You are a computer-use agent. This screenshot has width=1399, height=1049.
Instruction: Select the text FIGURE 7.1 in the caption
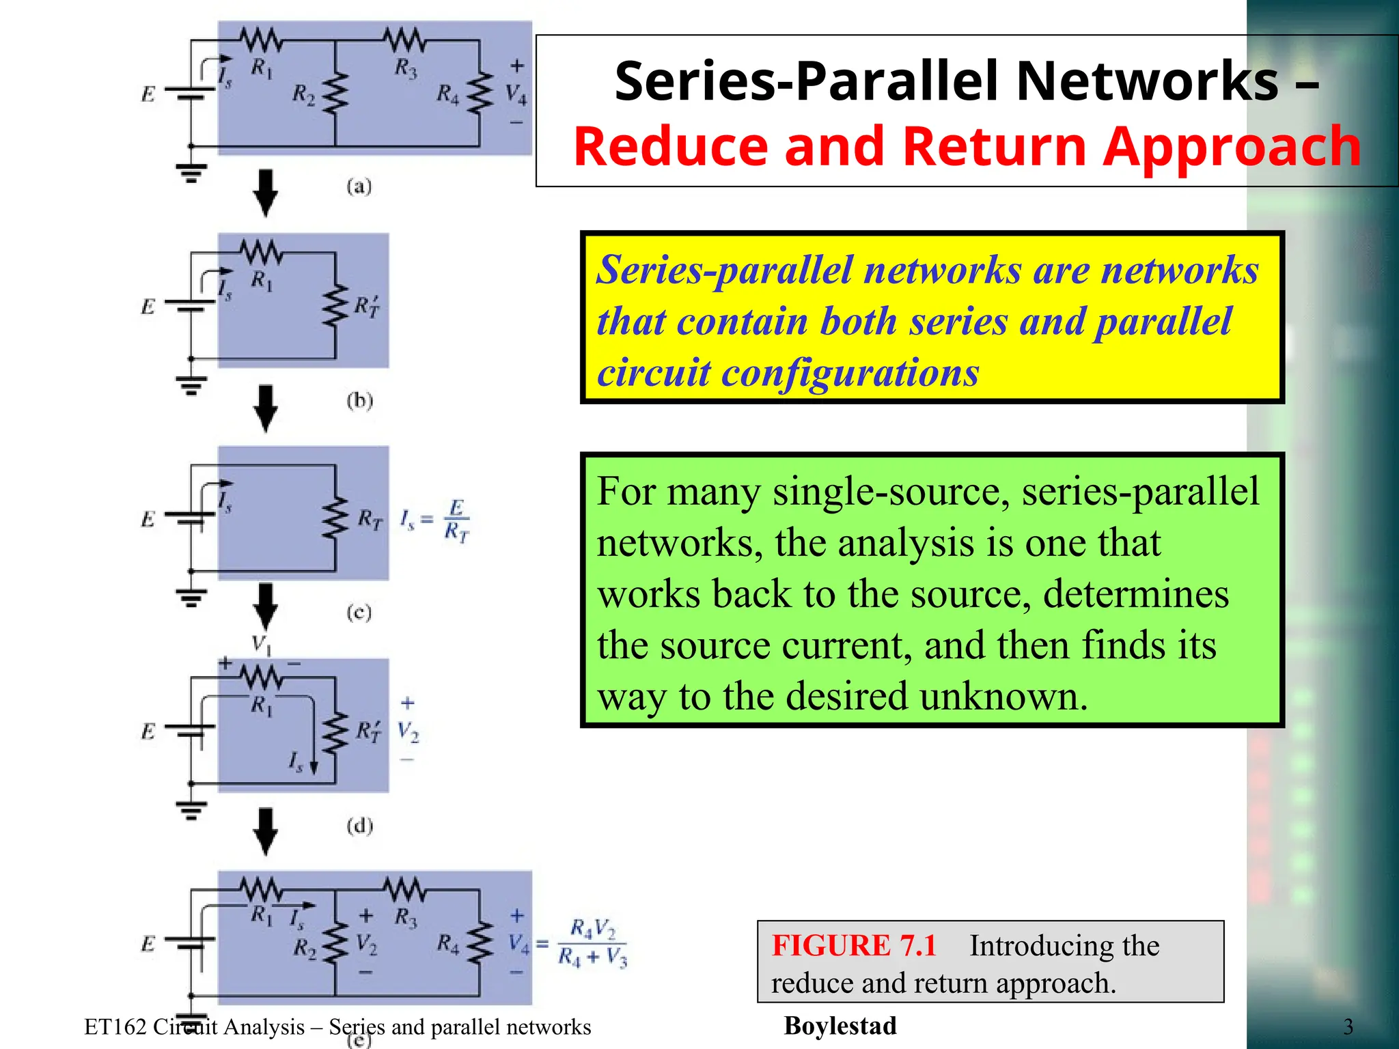tap(853, 946)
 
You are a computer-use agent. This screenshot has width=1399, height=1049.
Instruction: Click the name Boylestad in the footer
tap(840, 1026)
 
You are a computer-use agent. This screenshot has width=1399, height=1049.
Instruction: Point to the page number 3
tap(1348, 1026)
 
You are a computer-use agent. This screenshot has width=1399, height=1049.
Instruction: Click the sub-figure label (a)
tap(359, 186)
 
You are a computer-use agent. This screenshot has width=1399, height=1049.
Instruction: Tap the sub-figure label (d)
tap(359, 826)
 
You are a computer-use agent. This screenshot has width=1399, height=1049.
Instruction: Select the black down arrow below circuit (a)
tap(265, 193)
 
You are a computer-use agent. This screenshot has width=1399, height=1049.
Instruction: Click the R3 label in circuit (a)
tap(406, 68)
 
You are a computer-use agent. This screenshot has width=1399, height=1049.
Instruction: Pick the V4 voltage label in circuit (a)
tap(516, 94)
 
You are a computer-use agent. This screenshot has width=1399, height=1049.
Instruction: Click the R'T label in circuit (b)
tap(367, 307)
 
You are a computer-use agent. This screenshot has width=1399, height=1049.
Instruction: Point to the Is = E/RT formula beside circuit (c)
tap(435, 520)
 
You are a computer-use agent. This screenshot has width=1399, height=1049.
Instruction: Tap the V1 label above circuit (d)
tap(261, 644)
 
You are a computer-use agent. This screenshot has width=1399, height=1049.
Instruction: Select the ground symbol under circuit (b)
tap(191, 386)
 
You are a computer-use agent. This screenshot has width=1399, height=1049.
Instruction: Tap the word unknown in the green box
tap(1003, 697)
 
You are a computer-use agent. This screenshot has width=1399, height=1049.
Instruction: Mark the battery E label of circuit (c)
tap(148, 519)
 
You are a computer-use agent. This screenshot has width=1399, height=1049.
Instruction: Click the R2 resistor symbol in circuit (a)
tap(335, 94)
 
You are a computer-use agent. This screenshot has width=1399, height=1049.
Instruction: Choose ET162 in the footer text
tap(115, 1027)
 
